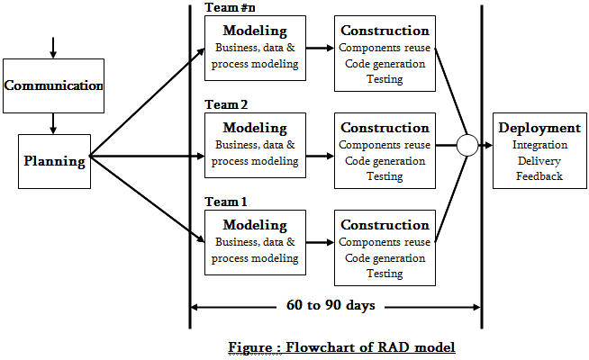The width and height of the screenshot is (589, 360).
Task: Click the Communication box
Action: (x=53, y=85)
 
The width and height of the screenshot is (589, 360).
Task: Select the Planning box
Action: (x=54, y=162)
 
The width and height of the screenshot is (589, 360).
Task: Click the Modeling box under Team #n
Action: (x=255, y=47)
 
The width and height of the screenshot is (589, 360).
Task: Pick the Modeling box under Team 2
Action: (x=255, y=144)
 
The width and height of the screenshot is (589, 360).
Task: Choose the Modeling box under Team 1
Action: (x=255, y=242)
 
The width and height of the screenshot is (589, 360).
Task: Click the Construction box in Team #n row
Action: (x=384, y=53)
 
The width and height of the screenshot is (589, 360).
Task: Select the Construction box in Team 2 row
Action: (x=384, y=150)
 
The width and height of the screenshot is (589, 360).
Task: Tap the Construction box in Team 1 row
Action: (x=384, y=247)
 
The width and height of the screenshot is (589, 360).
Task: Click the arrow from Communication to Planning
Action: (x=53, y=122)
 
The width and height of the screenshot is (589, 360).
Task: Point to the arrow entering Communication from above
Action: (x=53, y=47)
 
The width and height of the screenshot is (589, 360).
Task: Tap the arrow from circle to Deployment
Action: (x=485, y=145)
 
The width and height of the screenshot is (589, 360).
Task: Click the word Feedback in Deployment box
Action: (x=539, y=176)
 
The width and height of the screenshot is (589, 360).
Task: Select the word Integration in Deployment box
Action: (x=539, y=145)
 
